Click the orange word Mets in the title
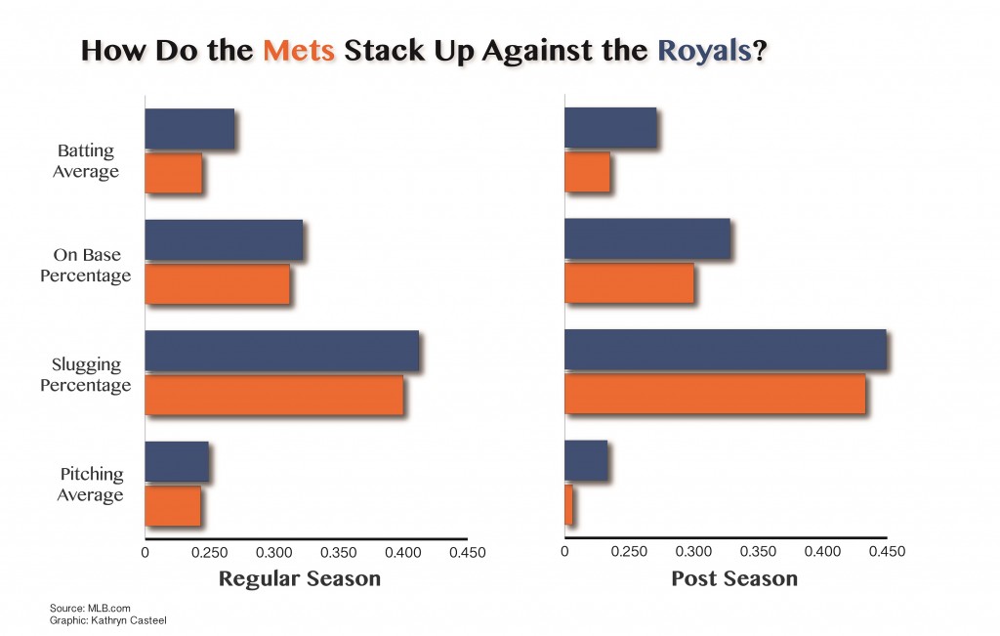[300, 52]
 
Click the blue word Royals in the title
[706, 52]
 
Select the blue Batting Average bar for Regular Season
[189, 129]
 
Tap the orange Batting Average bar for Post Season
[587, 172]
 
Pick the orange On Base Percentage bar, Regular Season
[217, 283]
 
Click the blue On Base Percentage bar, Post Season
[647, 239]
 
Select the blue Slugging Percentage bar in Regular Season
[281, 351]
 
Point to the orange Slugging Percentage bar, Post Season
[715, 394]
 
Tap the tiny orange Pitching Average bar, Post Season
[568, 505]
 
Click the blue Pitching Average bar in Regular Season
[177, 461]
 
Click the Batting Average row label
[86, 161]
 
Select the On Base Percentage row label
[86, 266]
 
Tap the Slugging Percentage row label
[86, 374]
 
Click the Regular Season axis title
[299, 578]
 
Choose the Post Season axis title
[734, 578]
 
